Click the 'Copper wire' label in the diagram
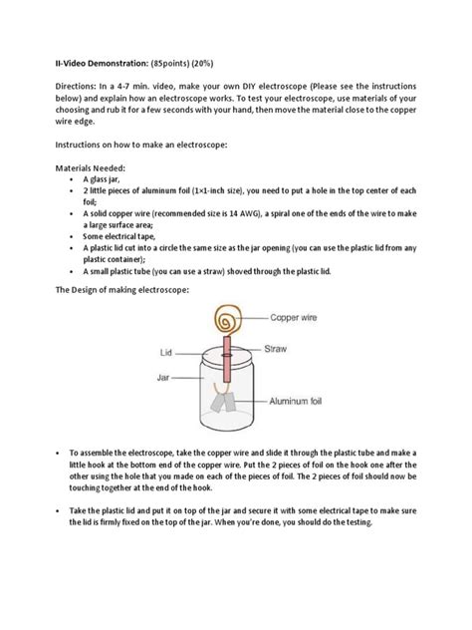(298, 316)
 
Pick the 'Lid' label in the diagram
(167, 352)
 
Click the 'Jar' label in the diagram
(165, 378)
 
